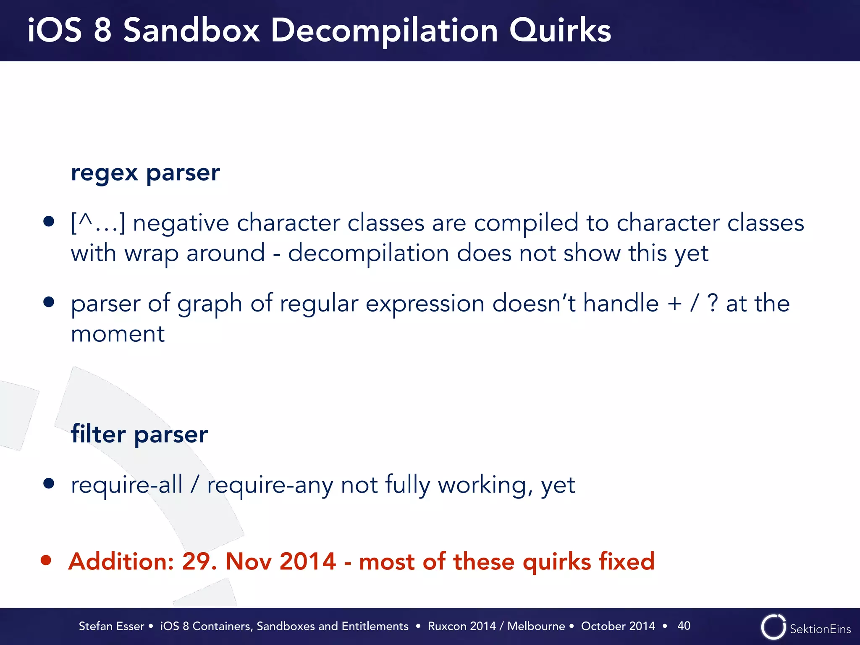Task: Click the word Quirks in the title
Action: point(560,31)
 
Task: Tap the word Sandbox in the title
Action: point(191,31)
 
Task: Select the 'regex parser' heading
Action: point(145,173)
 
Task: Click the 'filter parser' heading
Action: point(139,434)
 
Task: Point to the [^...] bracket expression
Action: point(98,223)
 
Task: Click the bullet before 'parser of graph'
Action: point(49,302)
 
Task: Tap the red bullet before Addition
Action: point(46,560)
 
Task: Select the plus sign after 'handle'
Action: point(675,304)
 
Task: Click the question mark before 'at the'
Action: point(713,304)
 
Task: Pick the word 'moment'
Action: point(118,334)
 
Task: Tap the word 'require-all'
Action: point(126,485)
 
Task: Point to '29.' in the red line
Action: point(199,561)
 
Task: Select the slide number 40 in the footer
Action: point(684,626)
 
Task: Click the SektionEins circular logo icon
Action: point(773,627)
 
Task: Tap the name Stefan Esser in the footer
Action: point(111,626)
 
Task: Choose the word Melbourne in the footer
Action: point(536,626)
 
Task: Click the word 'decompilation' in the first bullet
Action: point(368,254)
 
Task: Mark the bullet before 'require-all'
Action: point(49,483)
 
